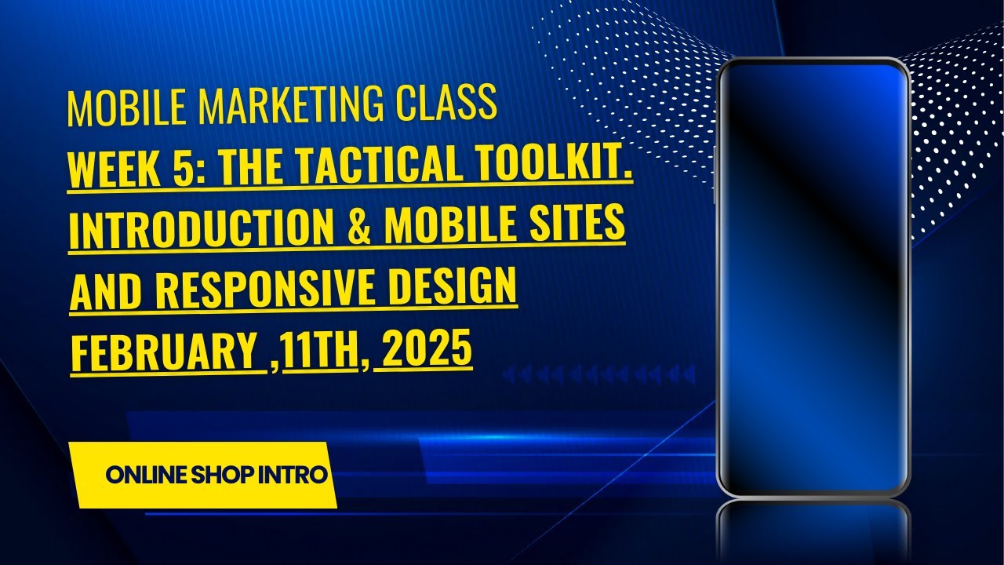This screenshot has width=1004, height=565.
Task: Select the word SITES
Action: point(582,224)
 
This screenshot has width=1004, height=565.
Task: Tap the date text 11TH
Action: point(321,350)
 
